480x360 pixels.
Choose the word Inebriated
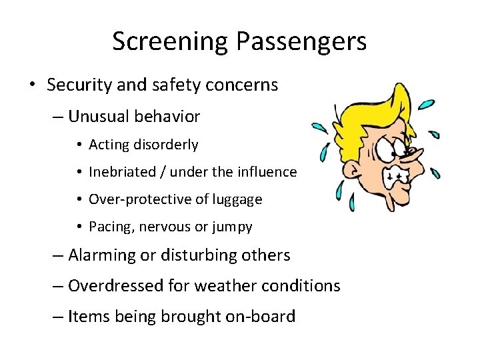point(123,172)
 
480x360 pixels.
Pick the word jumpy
point(232,227)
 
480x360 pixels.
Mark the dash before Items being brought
point(58,317)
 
